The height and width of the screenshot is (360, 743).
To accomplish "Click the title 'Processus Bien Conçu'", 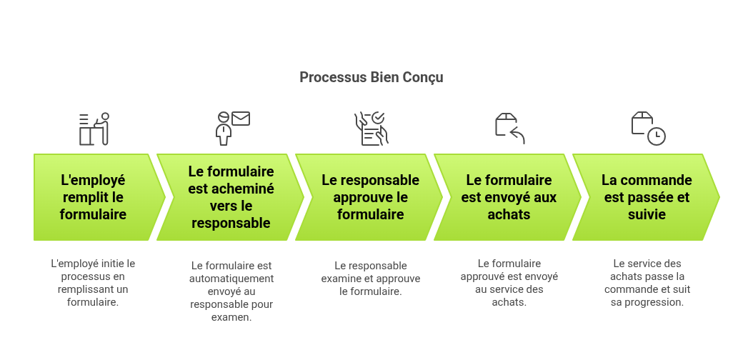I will tap(371, 77).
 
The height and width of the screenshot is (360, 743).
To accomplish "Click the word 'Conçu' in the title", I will tap(422, 77).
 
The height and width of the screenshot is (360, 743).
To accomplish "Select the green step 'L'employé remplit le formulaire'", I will tap(94, 197).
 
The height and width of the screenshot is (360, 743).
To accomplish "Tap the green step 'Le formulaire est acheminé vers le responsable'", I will tap(231, 197).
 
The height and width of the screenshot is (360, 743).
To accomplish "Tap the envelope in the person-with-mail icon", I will tap(241, 119).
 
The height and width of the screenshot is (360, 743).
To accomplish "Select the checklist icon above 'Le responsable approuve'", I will tap(371, 129).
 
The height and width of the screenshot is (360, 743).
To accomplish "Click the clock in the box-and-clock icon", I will tap(657, 136).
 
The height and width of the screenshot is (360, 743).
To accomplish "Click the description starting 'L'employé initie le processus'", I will tap(93, 283).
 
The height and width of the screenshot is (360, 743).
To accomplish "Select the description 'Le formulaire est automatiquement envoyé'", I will tap(231, 291).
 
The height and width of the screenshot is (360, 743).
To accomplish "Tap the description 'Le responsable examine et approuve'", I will tap(370, 279).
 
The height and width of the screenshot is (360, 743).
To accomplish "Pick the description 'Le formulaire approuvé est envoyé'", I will tap(509, 283).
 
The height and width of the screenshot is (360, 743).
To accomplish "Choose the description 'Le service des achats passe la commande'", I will tap(647, 283).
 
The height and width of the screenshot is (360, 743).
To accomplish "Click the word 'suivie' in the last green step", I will tap(647, 214).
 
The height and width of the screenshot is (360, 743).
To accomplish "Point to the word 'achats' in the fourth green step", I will tap(509, 214).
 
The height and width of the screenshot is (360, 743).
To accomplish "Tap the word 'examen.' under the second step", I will tap(231, 317).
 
